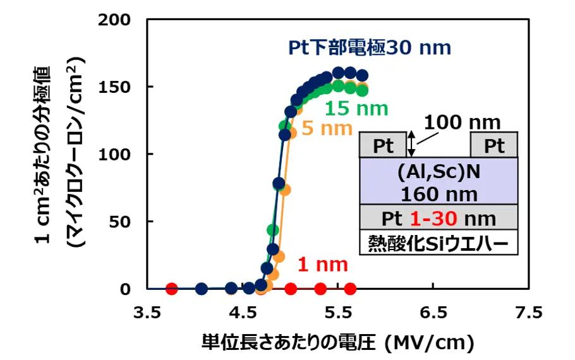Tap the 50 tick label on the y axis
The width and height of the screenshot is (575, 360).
(x=120, y=222)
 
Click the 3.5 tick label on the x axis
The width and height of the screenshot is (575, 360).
(x=147, y=313)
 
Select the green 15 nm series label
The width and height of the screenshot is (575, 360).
(x=356, y=108)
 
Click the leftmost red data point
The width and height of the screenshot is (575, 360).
(x=171, y=289)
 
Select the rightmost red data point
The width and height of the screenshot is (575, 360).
(x=350, y=289)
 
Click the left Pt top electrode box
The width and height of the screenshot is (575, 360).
(x=383, y=145)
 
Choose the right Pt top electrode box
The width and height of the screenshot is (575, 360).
(x=494, y=145)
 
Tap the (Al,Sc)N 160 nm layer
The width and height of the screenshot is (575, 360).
(x=439, y=181)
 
